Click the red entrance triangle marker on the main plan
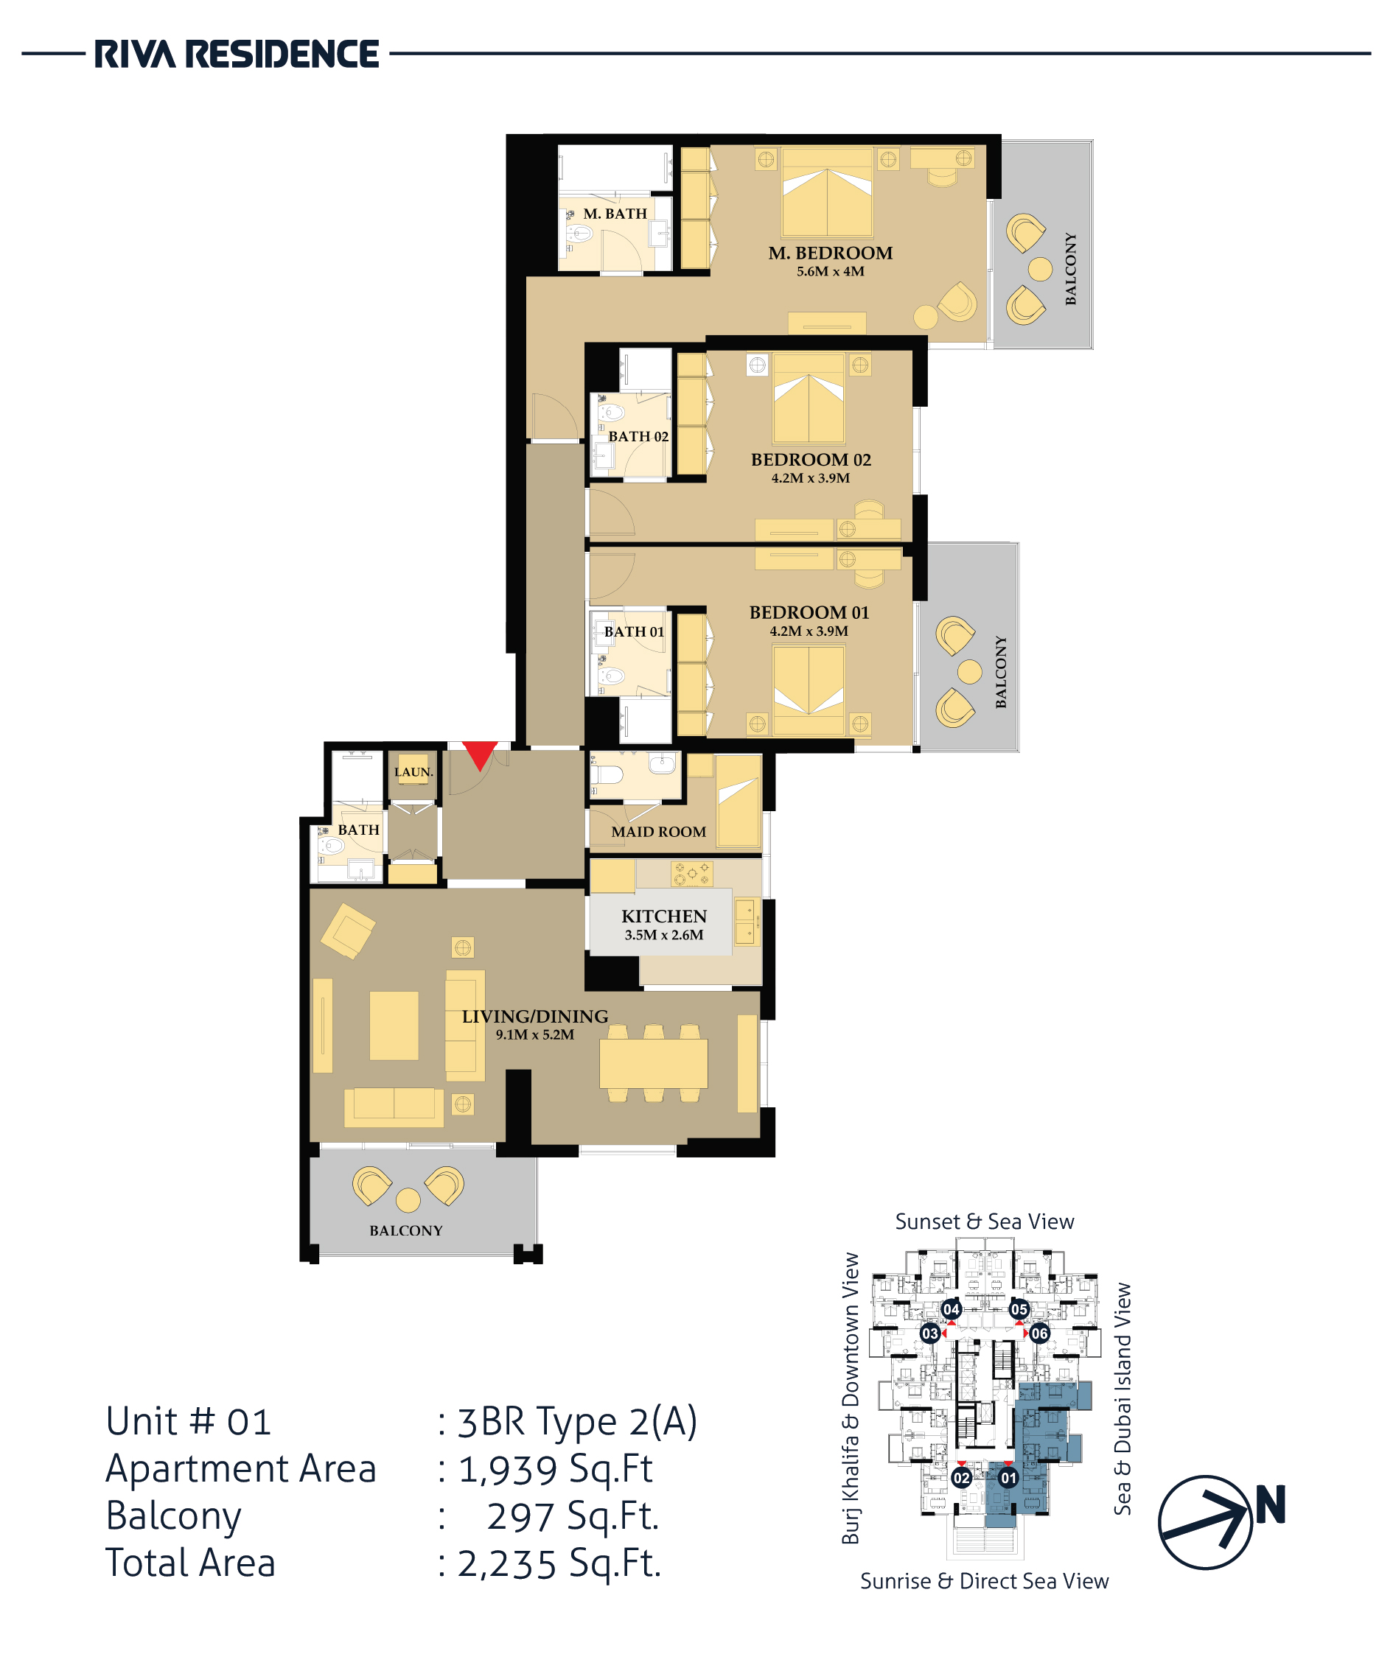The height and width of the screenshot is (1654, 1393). coord(479,754)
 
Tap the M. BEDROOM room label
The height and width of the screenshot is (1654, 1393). coord(830,253)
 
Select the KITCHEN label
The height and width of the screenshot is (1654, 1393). coord(663,916)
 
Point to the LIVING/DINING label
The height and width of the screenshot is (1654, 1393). coord(534,1016)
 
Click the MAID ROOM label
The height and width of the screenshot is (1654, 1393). coord(659,831)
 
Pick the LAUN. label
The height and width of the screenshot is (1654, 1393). coord(413,772)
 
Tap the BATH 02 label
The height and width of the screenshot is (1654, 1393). coord(638,437)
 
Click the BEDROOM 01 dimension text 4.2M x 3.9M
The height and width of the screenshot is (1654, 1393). coord(809,631)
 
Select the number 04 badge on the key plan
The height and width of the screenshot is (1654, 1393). coord(951,1309)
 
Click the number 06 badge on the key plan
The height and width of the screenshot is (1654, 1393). coord(1039,1334)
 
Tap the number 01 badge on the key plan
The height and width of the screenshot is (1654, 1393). coord(1008,1478)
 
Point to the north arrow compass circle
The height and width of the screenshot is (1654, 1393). coord(1205,1523)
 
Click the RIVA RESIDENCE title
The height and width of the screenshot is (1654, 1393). coord(237,55)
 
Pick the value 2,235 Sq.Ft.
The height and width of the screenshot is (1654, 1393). coord(559,1563)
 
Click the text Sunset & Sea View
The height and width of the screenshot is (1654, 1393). coord(984,1222)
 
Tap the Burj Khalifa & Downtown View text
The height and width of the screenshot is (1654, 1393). coord(851,1398)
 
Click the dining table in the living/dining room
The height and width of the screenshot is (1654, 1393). coord(653,1063)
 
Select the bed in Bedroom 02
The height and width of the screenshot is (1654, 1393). coord(809,399)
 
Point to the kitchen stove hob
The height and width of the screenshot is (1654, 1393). coord(691,873)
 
